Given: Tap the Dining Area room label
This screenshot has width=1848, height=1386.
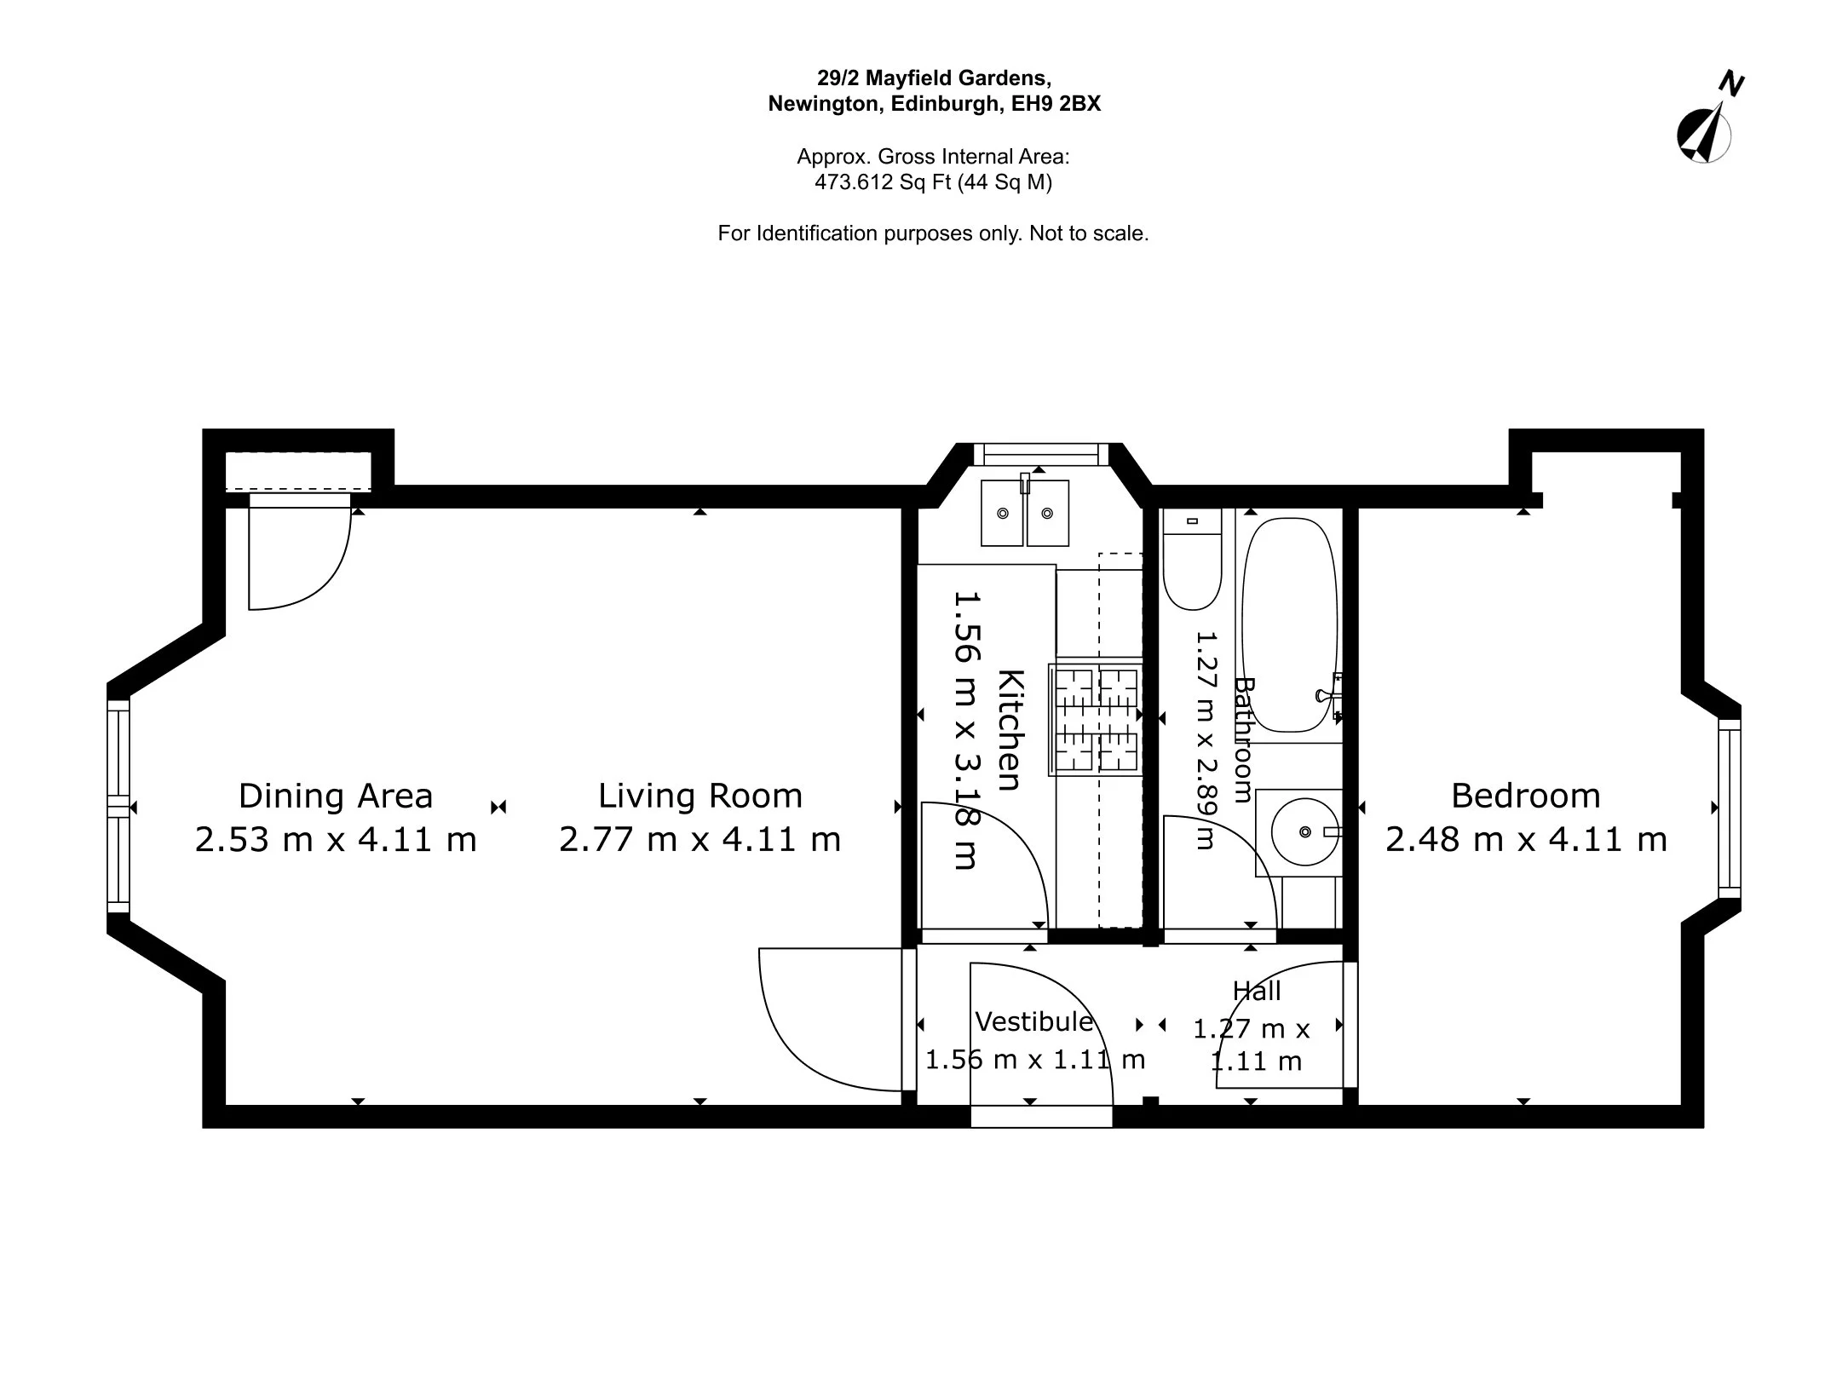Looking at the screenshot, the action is click(336, 796).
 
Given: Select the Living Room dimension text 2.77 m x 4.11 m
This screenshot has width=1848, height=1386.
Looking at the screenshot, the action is click(699, 840).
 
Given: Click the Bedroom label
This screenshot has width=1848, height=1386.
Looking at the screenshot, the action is click(1525, 796).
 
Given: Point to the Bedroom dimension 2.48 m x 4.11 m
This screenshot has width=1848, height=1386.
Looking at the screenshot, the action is click(1525, 840).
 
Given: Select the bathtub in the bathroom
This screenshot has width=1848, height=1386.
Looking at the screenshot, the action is click(1289, 624).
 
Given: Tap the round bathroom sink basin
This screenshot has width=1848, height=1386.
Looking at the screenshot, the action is click(1304, 831).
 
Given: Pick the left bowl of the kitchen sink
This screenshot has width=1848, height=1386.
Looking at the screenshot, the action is click(1002, 513).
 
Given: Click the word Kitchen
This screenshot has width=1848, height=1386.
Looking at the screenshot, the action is click(1010, 730).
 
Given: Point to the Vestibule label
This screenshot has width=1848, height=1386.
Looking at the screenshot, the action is click(1033, 1021).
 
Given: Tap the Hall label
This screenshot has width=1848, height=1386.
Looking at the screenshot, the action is click(1257, 991).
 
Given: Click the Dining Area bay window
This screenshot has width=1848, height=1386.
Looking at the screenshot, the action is click(118, 806).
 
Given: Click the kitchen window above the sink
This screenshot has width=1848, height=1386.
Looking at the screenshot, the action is click(1039, 454).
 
